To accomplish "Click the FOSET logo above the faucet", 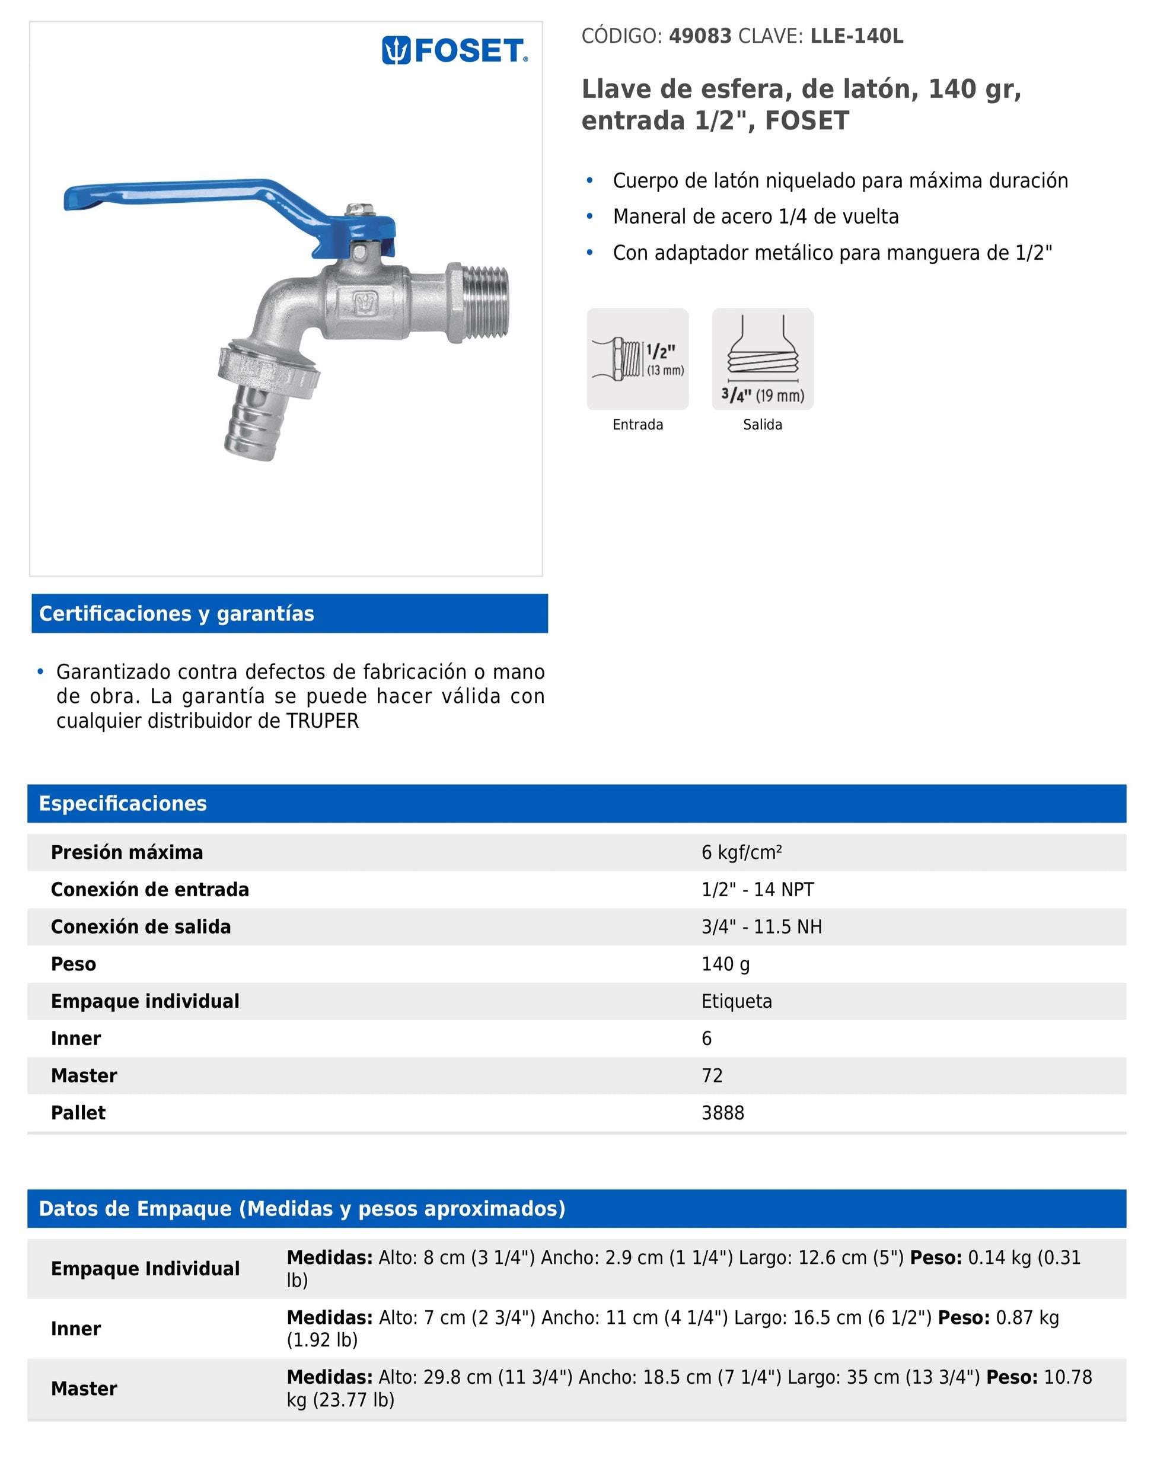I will tap(455, 50).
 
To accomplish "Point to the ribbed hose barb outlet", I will tap(257, 422).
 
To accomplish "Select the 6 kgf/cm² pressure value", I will tap(741, 852).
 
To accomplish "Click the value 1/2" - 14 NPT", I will tap(757, 889).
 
